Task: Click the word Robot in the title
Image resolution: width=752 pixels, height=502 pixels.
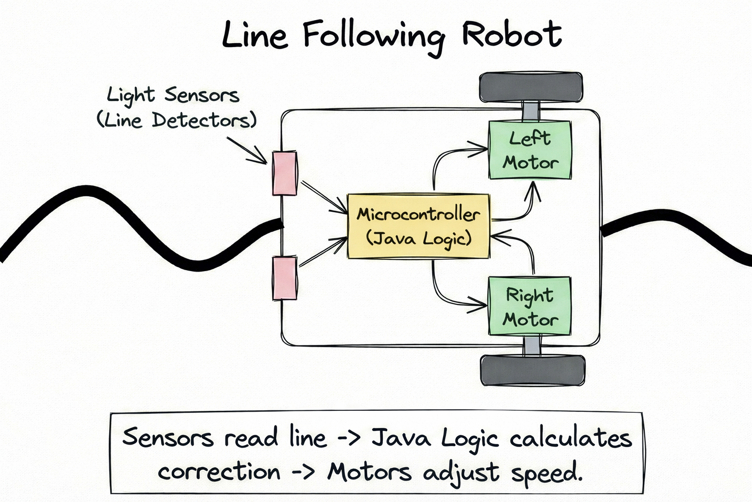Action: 512,35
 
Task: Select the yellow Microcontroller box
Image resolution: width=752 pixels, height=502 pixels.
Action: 418,226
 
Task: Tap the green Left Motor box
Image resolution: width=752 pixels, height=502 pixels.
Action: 530,150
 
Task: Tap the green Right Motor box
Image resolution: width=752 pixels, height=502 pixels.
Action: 530,306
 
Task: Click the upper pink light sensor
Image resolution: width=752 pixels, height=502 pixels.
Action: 284,173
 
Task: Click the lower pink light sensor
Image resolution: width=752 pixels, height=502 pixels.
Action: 284,277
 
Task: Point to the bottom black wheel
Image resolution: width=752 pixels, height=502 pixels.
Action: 533,371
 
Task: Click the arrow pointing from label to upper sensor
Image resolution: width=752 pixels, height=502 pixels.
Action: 247,150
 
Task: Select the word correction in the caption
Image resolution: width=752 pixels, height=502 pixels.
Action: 219,472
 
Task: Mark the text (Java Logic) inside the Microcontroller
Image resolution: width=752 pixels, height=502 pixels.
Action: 419,239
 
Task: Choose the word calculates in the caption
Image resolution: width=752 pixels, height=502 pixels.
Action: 571,438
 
